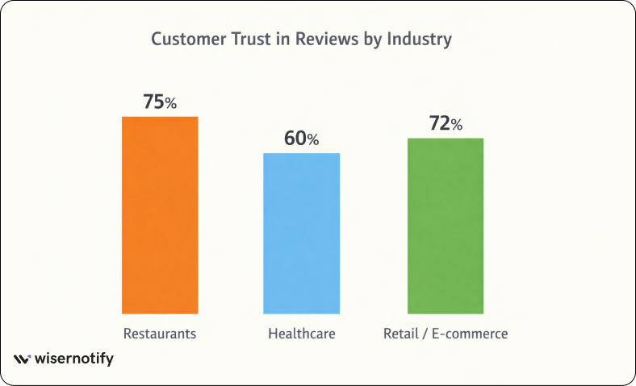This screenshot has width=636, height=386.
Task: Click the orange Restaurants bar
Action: [x=160, y=214]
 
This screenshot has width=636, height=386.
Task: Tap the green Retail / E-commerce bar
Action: [x=446, y=225]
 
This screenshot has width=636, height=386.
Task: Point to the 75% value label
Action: [x=159, y=102]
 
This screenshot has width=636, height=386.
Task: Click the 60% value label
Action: [x=301, y=139]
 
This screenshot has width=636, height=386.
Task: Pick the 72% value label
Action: [x=445, y=124]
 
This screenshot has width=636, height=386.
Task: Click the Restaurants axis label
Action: [x=160, y=333]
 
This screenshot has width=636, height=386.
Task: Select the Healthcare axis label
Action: [x=302, y=333]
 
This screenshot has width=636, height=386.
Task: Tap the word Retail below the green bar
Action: [x=401, y=333]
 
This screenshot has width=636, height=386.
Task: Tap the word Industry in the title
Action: [x=420, y=39]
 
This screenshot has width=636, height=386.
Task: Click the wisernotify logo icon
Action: [x=23, y=359]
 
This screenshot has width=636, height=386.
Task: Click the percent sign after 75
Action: [x=170, y=103]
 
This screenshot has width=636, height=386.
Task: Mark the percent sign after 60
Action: [x=313, y=140]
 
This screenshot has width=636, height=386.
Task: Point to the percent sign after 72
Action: [x=457, y=126]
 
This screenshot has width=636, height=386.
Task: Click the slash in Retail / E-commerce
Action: [x=425, y=333]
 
